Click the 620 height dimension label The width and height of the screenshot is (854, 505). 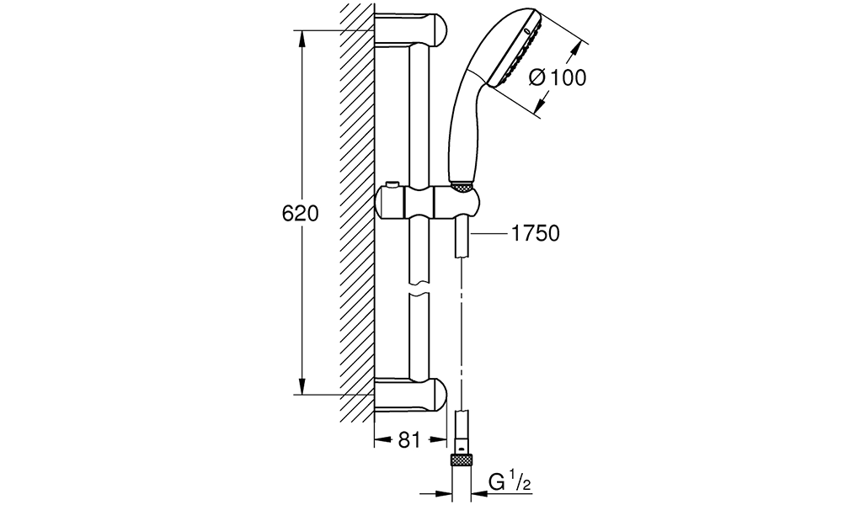[300, 213]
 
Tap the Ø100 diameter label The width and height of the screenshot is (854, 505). [558, 77]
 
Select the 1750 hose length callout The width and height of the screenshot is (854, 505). [536, 233]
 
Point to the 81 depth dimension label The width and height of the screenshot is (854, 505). [409, 439]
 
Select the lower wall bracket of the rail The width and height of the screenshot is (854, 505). [411, 394]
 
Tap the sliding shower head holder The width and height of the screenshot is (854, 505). [428, 203]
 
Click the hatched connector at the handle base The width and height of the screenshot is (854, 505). [462, 187]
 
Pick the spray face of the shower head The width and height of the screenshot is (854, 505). [517, 48]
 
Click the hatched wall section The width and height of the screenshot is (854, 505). [357, 211]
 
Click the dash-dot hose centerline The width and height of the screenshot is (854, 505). [462, 334]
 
